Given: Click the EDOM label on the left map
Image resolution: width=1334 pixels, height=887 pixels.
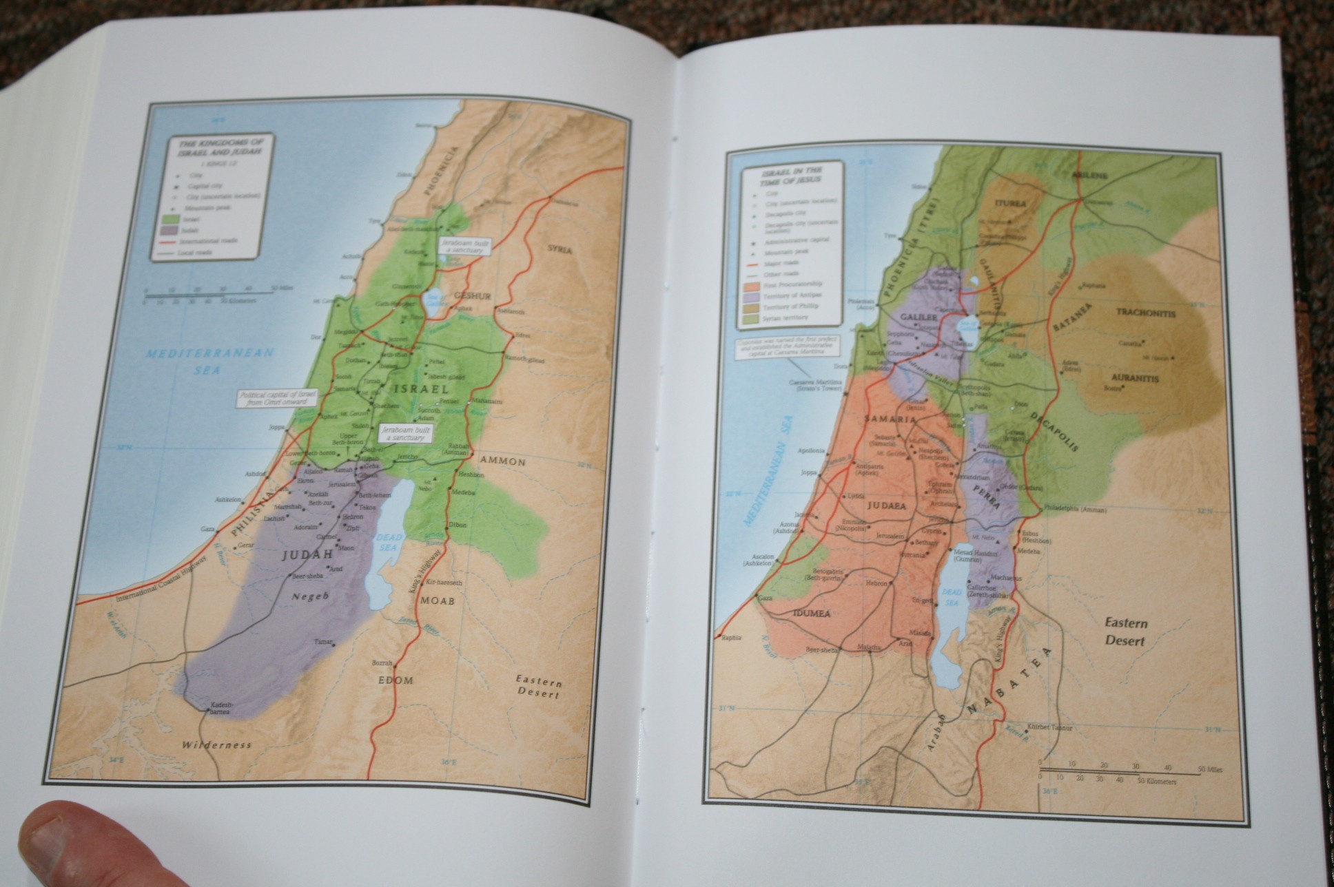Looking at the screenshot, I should tap(396, 680).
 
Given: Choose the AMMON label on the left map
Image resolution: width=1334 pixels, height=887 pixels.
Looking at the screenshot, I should tap(503, 460).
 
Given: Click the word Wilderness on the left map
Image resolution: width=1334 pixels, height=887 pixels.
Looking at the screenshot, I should tap(216, 744).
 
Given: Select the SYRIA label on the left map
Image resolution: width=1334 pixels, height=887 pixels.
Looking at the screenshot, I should tap(560, 249).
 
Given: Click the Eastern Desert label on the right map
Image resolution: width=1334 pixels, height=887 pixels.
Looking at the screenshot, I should tap(1126, 632).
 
